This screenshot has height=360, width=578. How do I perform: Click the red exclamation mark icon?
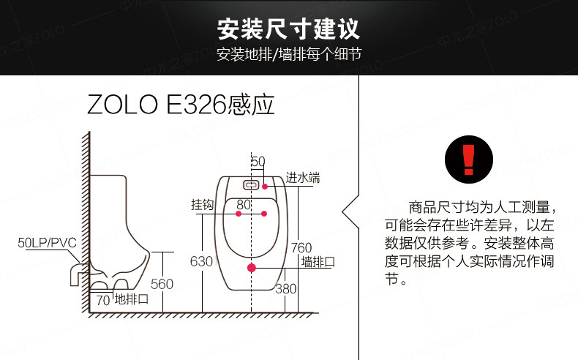tap(468, 160)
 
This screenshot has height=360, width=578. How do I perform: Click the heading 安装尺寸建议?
tap(288, 29)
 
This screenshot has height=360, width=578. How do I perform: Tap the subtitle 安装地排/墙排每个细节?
tap(288, 55)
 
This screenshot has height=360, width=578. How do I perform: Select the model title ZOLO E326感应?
tap(181, 105)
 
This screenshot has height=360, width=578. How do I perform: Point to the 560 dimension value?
tap(162, 284)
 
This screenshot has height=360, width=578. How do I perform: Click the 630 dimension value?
tap(201, 261)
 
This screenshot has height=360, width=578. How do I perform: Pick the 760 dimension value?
tap(301, 247)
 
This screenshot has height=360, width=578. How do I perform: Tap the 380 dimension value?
tap(285, 288)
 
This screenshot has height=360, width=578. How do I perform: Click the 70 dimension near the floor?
tap(103, 300)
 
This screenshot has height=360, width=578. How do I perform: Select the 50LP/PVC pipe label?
tap(47, 243)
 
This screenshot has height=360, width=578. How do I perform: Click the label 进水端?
tap(303, 178)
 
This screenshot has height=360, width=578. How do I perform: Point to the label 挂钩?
tap(202, 204)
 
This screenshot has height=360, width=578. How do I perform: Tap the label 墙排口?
tap(318, 262)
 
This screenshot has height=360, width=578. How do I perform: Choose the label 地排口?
tap(132, 299)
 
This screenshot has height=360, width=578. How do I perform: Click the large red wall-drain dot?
tap(252, 268)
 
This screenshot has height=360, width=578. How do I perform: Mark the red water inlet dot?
tap(265, 187)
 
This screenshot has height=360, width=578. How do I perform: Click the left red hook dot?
tap(239, 214)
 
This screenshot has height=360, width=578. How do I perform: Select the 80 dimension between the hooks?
tap(244, 204)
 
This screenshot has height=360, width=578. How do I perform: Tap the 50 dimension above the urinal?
tap(258, 162)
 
